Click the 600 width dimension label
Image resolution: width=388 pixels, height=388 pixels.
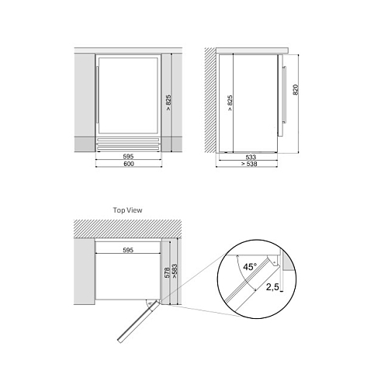129,164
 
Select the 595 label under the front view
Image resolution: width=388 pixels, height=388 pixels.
128,157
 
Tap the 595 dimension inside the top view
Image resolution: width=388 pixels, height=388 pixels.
128,250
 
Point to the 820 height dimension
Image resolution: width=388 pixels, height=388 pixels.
296,90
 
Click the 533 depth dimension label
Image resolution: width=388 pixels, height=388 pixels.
251,157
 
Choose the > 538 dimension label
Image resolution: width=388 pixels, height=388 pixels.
249,164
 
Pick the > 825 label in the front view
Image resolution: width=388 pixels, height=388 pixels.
168,102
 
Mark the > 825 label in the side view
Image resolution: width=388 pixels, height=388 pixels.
230,103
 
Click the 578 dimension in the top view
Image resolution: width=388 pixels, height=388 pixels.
167,273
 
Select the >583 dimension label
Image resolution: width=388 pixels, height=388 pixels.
175,271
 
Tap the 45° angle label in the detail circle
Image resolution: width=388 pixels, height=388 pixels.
250,267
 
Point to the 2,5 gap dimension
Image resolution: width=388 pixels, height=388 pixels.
272,287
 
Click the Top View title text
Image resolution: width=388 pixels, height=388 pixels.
127,210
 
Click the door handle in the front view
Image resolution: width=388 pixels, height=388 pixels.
97,95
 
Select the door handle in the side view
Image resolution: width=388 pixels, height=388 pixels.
285,94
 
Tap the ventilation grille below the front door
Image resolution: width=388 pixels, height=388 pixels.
128,144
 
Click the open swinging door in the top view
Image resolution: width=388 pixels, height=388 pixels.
138,321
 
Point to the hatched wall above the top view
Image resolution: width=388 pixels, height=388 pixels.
127,229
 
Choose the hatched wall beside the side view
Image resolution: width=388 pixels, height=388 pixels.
210,100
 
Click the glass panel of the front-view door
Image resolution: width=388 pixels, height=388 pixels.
128,95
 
